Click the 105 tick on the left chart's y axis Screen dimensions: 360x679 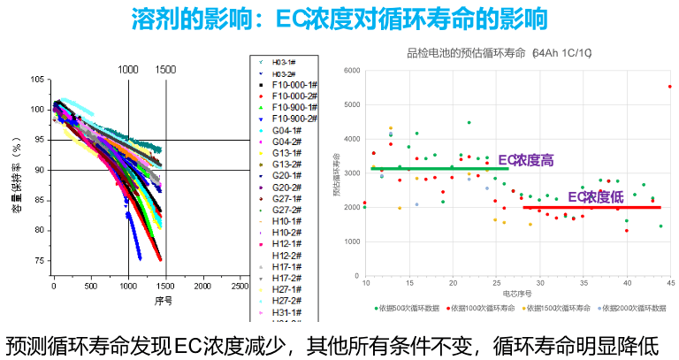[36, 80]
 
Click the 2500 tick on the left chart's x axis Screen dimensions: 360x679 [240, 287]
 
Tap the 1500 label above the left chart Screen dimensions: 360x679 [165, 69]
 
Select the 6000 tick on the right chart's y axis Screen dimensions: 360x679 [352, 70]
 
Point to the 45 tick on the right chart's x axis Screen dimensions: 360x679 [670, 283]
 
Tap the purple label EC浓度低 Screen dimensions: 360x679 [597, 196]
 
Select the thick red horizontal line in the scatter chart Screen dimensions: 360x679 [591, 207]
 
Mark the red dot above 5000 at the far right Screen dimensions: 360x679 [670, 87]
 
